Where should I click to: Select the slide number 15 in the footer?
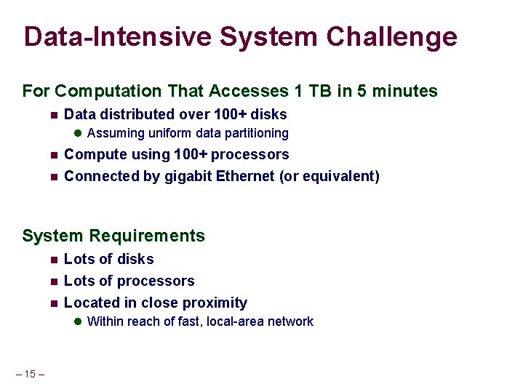pyautogui.click(x=30, y=374)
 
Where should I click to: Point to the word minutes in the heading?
pyautogui.click(x=407, y=92)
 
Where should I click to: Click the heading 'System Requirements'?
pyautogui.click(x=113, y=236)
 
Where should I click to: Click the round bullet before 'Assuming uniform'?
pyautogui.click(x=78, y=134)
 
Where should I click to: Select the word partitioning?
pyautogui.click(x=257, y=134)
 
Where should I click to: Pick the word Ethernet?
pyautogui.click(x=247, y=176)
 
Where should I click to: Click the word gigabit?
pyautogui.click(x=188, y=176)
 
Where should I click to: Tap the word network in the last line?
pyautogui.click(x=289, y=321)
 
